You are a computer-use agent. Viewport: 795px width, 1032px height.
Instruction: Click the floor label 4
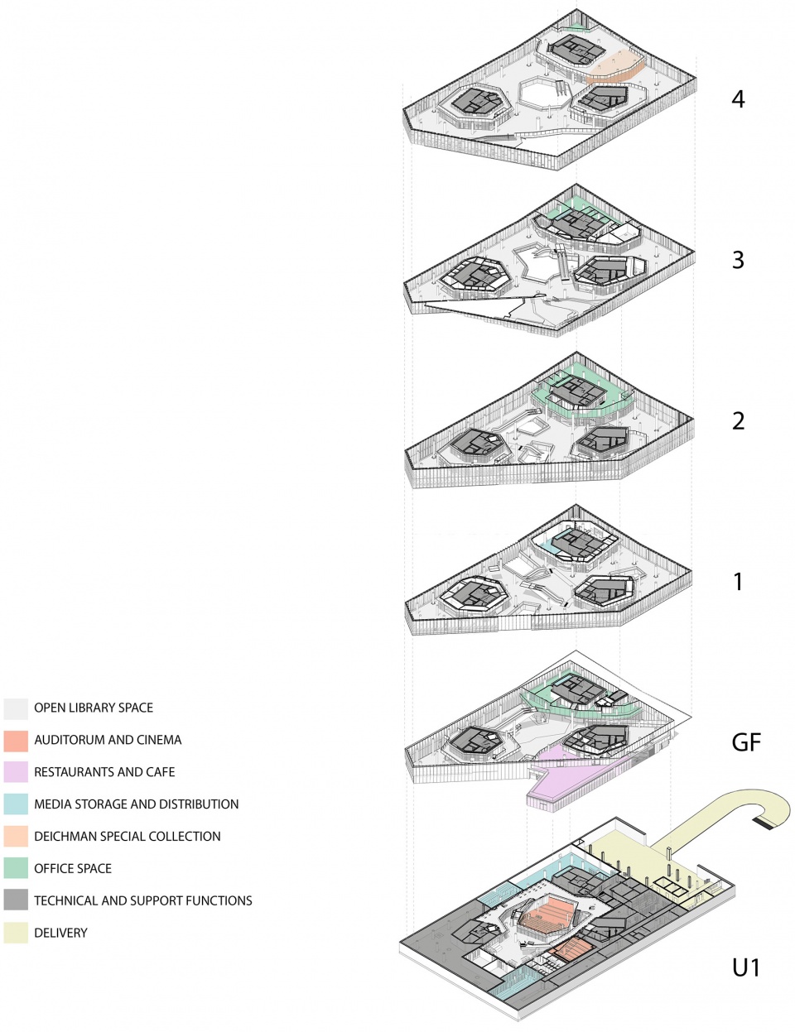(738, 99)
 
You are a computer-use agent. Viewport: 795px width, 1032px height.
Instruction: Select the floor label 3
(738, 260)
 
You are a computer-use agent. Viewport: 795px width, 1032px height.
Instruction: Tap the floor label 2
(738, 420)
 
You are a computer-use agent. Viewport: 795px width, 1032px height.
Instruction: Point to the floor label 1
(738, 582)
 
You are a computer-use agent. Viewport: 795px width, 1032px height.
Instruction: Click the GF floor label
(745, 742)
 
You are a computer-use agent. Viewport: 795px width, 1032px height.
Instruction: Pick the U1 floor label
(745, 967)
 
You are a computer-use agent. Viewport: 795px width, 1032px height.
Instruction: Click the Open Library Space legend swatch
(16, 708)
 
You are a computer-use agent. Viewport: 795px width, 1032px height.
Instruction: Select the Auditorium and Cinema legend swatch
(16, 741)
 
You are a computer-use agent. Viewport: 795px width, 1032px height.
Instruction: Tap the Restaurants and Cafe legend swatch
(16, 772)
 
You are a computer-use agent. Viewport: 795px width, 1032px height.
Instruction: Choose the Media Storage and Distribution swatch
(16, 804)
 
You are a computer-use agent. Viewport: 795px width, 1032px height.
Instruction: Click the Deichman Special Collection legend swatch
(16, 837)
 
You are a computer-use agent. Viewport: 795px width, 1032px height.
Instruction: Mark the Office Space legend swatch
(16, 869)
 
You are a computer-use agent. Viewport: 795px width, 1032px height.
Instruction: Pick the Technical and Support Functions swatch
(16, 900)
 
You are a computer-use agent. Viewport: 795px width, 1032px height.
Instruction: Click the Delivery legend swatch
(16, 933)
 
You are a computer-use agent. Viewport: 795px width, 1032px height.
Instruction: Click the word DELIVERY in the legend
(60, 933)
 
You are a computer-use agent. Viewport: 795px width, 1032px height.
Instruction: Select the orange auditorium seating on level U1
(547, 914)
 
